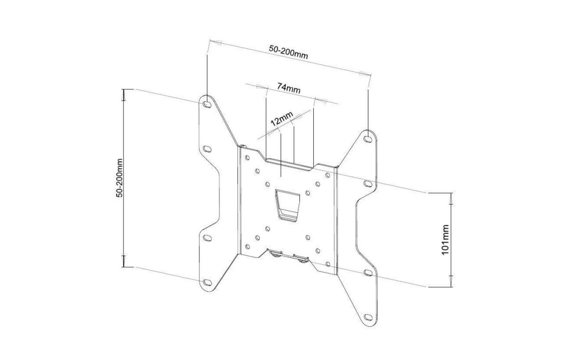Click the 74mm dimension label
point(289,88)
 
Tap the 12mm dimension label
point(282,119)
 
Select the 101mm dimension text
point(445,239)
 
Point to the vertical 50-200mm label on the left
point(119,178)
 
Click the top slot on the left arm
point(207,104)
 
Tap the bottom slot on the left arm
point(207,283)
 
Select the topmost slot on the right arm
point(368,139)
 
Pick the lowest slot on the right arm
point(368,317)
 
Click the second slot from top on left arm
point(207,149)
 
